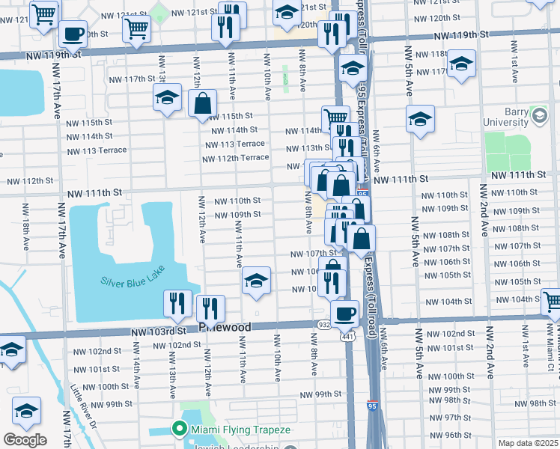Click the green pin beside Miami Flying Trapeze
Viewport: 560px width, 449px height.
179,430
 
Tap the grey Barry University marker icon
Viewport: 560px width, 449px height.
539,114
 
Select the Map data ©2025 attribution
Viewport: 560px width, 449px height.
528,443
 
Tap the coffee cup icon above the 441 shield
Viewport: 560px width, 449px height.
345,313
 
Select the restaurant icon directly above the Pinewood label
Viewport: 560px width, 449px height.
210,308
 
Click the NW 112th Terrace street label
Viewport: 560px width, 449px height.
235,158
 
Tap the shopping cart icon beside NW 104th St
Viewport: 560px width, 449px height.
552,302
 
